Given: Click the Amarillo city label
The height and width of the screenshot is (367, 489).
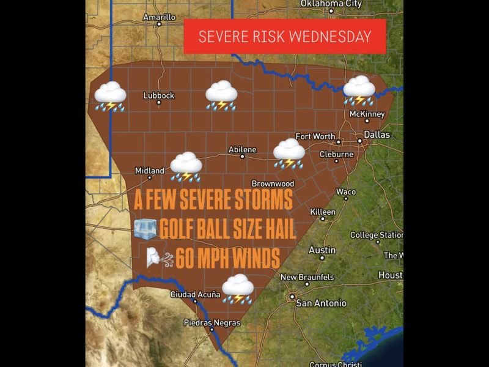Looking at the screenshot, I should pos(159,17).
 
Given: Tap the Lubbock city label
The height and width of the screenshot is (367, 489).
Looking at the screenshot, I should pos(158,95).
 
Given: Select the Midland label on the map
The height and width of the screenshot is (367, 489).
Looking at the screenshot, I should pos(149,171).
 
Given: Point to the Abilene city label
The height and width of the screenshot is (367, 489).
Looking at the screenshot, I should pos(242,149).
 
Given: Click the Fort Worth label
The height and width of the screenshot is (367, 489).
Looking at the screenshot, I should pos(315,136).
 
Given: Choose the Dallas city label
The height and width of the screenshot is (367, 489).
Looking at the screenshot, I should pos(377,135).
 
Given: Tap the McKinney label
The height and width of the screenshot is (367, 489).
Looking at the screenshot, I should pos(367,114).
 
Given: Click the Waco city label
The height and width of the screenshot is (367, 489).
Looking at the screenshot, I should pos(345,191).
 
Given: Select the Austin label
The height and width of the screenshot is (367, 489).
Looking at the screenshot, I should pos(322,250).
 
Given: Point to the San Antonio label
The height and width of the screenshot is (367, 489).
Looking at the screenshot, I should pos(321,303).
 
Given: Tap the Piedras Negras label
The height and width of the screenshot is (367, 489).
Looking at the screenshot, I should pos(212,322).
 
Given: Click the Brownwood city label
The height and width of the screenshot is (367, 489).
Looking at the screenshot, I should pos(273,183).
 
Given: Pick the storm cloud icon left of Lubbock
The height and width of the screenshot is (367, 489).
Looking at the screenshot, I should pos(110,97).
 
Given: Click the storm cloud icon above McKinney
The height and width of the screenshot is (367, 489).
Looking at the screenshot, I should pos(359,90).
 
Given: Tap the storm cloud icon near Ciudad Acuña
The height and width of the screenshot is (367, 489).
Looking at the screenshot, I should pos(238,289).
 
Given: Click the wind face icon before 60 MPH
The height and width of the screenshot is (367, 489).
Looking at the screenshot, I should pos(158,258).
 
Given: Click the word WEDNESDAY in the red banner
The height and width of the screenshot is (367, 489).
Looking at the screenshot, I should pos(330,36).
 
